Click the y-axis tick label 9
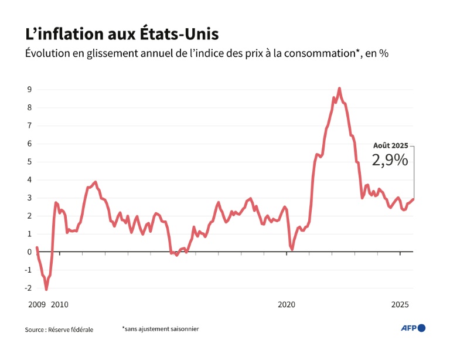28,89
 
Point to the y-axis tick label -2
27,288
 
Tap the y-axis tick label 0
28,252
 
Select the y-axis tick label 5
28,162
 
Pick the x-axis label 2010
60,305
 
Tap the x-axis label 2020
287,305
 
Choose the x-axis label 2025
400,305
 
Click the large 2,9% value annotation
390,160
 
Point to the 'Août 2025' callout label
390,145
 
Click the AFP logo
413,328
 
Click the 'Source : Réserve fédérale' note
59,330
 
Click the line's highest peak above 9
339,88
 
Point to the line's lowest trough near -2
46,290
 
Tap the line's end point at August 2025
413,199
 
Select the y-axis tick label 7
28,125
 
